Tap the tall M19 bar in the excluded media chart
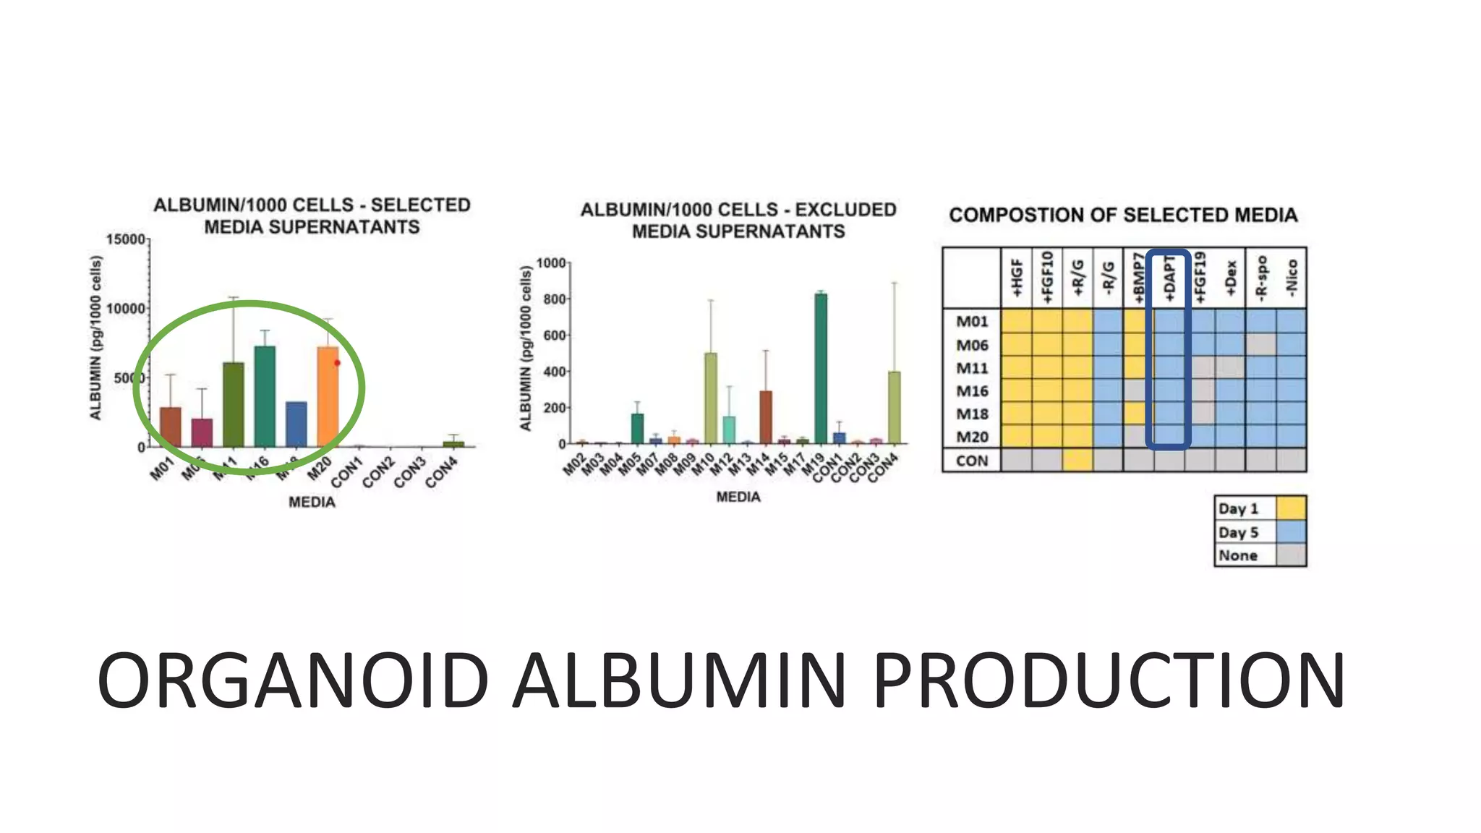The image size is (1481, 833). point(821,368)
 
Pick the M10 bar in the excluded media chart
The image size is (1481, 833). point(711,398)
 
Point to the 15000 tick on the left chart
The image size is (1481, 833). point(126,239)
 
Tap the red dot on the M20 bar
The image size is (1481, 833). point(337,363)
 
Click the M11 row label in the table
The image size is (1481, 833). point(972,368)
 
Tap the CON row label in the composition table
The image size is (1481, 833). point(972,461)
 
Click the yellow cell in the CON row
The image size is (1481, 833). point(1077,461)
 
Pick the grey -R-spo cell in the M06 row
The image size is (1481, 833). point(1260,345)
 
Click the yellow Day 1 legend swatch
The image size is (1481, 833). point(1291,508)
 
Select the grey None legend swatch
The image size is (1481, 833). point(1291,555)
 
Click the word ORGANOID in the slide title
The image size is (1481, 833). point(293,680)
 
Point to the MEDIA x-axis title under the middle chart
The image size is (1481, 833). point(738,497)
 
